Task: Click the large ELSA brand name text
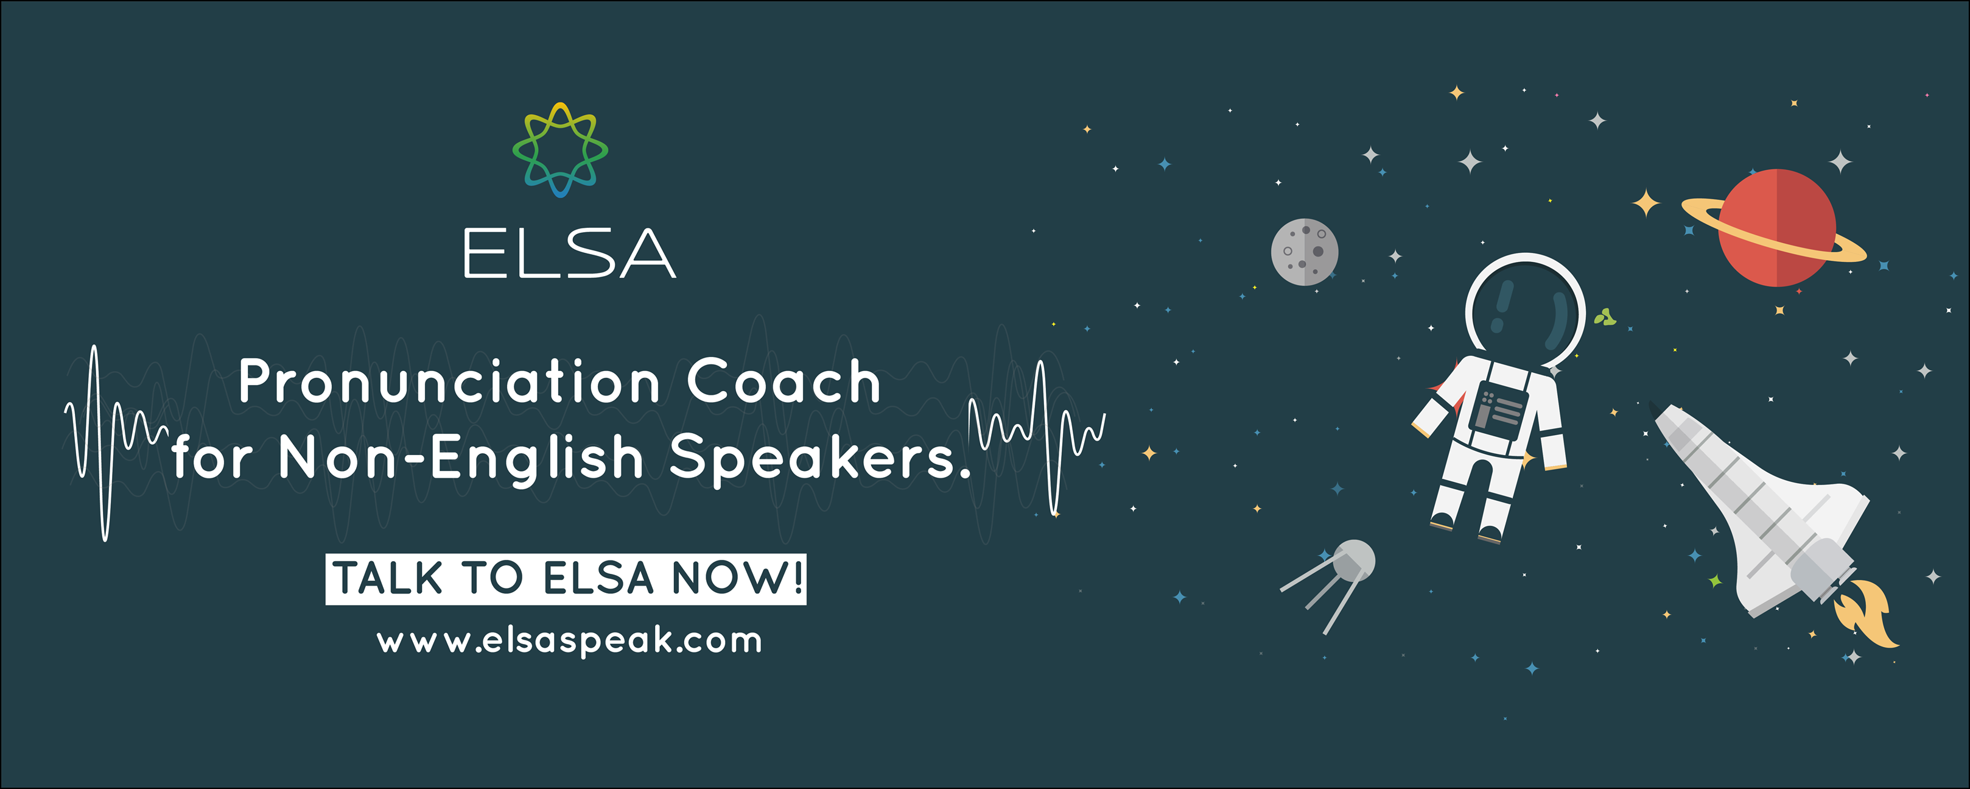[x=570, y=253]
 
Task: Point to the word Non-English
[x=460, y=458]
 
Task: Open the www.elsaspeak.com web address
[x=570, y=640]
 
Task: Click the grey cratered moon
[x=1305, y=252]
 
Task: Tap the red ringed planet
[x=1776, y=228]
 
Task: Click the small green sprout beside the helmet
[x=1605, y=317]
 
